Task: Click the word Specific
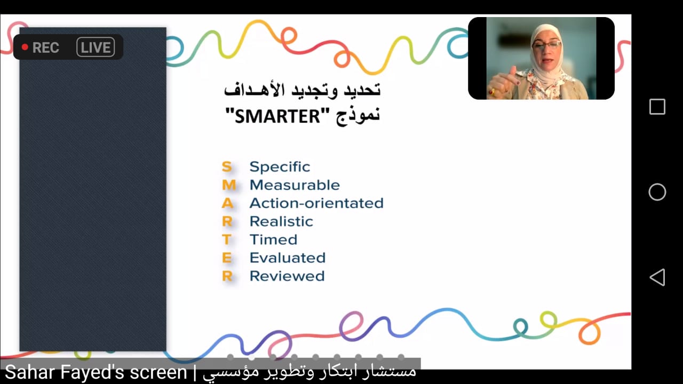coord(280,167)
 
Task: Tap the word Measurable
coord(295,185)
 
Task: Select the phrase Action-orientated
coord(316,203)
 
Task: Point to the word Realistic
coord(281,221)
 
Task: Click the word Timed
coord(274,239)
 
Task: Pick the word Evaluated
coord(288,258)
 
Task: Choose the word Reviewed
coord(287,276)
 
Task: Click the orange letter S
coord(227,167)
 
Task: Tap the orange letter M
coord(229,185)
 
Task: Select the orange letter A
coord(227,203)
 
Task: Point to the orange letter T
coord(227,239)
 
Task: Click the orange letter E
coord(227,258)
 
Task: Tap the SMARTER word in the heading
coord(277,116)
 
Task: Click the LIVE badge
coord(96,47)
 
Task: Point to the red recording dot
coord(25,47)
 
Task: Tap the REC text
coord(46,47)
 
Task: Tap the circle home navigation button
coord(657,192)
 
